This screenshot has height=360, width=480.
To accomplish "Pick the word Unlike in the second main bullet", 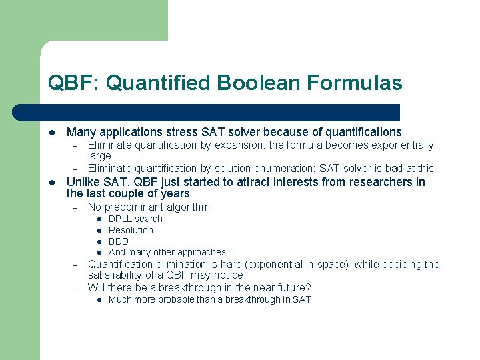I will [x=82, y=182].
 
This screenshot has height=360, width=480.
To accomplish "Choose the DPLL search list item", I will [x=135, y=219].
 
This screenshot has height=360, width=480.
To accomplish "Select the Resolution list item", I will [x=131, y=230].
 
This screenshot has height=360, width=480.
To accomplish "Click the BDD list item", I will [x=119, y=241].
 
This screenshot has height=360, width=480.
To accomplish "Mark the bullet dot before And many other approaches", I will [x=98, y=253].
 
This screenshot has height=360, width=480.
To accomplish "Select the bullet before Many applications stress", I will [x=51, y=133].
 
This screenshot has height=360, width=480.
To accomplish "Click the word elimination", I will [x=171, y=264].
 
